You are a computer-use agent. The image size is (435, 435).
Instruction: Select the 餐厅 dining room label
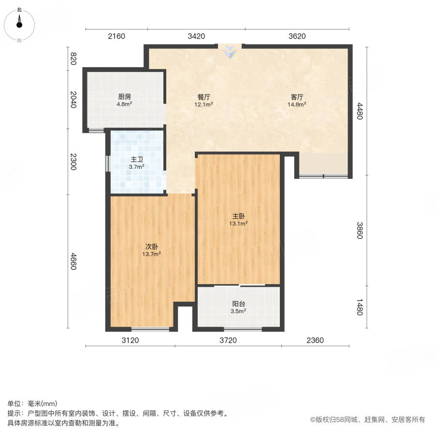203,96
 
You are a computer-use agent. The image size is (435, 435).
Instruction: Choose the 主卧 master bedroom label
238,216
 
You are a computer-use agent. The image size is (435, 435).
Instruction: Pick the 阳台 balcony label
238,304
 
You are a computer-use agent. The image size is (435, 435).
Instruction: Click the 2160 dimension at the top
116,36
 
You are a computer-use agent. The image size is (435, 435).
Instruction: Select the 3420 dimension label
196,36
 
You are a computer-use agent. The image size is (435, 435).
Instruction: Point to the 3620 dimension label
296,36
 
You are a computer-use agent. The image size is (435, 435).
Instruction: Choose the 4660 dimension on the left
73,261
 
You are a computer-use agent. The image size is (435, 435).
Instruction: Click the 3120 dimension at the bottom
130,340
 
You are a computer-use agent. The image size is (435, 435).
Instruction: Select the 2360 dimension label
315,340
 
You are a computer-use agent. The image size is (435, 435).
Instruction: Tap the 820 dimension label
73,58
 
